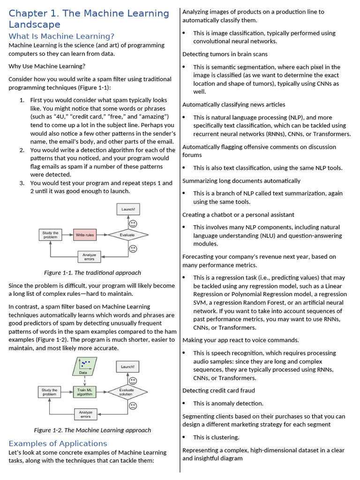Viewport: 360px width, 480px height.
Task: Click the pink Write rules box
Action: (x=85, y=235)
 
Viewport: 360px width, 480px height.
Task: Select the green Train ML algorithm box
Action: (x=85, y=392)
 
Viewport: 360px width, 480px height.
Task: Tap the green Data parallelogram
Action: (x=84, y=366)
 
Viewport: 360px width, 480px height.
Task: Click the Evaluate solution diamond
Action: (x=127, y=392)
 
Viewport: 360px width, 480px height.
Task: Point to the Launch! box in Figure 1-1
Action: (x=128, y=209)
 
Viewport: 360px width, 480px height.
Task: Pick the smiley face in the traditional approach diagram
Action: (x=133, y=224)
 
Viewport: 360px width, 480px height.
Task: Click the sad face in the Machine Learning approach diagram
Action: (x=133, y=405)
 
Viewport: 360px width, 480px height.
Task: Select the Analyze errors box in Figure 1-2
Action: (x=85, y=414)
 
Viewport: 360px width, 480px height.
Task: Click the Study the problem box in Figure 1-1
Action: (x=50, y=235)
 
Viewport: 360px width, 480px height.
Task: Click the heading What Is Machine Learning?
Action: (x=61, y=36)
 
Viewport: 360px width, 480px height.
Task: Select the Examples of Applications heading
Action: (x=58, y=443)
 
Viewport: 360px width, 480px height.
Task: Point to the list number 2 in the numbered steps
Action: (x=22, y=150)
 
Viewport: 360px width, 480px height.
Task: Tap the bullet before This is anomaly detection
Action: (x=184, y=403)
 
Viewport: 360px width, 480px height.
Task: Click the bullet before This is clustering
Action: (x=184, y=437)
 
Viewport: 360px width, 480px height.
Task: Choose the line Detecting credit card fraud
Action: (x=218, y=390)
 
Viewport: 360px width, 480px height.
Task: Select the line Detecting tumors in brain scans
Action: (x=225, y=54)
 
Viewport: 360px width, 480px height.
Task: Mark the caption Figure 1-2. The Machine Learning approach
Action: (x=92, y=430)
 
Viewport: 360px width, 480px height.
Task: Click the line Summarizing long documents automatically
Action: (x=241, y=180)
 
